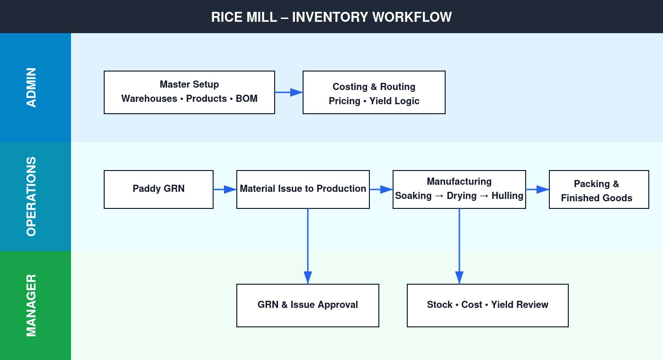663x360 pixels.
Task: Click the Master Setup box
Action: click(x=189, y=92)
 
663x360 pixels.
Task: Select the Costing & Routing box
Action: click(x=374, y=92)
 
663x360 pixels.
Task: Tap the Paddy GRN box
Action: click(x=159, y=189)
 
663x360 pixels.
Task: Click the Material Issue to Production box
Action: click(x=303, y=189)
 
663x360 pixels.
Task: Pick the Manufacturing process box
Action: click(x=459, y=189)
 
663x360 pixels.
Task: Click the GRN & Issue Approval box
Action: click(x=308, y=306)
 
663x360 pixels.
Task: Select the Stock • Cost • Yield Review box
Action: click(x=488, y=306)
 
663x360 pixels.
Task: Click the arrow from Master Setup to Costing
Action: click(x=289, y=92)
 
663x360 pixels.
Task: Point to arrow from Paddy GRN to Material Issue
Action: click(x=225, y=189)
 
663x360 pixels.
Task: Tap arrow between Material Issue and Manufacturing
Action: click(x=381, y=189)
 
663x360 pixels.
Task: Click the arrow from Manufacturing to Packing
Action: click(x=538, y=189)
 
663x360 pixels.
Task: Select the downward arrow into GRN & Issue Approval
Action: click(x=308, y=246)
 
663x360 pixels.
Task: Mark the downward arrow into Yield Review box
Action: click(x=459, y=246)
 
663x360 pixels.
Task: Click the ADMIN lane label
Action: click(x=31, y=88)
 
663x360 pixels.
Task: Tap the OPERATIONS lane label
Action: click(x=31, y=197)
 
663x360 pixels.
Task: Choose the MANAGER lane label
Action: click(x=31, y=306)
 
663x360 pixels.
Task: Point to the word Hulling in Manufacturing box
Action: click(x=507, y=196)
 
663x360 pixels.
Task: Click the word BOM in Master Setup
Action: click(x=247, y=99)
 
